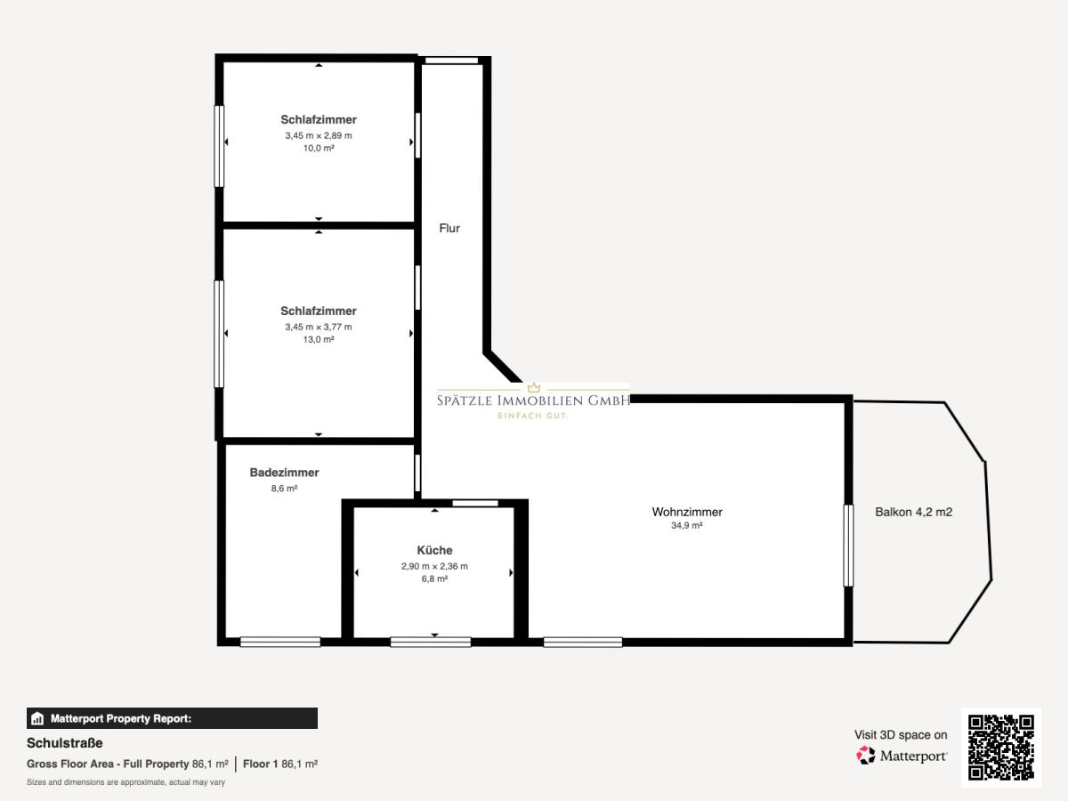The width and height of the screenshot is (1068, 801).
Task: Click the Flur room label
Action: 449,228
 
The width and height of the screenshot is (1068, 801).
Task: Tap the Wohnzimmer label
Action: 687,512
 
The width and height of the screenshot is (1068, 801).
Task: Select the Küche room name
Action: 434,550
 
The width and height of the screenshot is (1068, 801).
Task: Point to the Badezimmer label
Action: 284,473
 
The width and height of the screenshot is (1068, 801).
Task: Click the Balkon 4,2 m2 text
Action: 913,512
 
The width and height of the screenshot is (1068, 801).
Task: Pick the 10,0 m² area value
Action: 319,148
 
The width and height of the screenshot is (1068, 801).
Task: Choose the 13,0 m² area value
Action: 319,339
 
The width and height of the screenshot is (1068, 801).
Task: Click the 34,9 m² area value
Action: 686,525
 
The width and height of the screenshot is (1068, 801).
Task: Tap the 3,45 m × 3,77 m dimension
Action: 319,327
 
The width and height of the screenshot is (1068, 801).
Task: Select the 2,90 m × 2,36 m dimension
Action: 434,566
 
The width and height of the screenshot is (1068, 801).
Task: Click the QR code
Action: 1001,747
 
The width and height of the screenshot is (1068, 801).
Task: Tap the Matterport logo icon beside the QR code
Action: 866,756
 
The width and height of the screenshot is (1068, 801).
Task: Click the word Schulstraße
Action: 65,743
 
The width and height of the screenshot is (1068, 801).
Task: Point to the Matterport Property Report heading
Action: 121,718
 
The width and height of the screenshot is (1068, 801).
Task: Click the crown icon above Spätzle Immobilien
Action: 534,387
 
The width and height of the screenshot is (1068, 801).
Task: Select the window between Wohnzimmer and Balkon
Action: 848,546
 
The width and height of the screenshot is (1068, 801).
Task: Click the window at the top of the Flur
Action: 451,61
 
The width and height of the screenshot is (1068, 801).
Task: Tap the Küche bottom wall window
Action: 431,643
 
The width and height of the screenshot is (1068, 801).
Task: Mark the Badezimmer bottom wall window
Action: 280,643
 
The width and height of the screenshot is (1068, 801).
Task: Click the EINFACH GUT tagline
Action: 533,416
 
